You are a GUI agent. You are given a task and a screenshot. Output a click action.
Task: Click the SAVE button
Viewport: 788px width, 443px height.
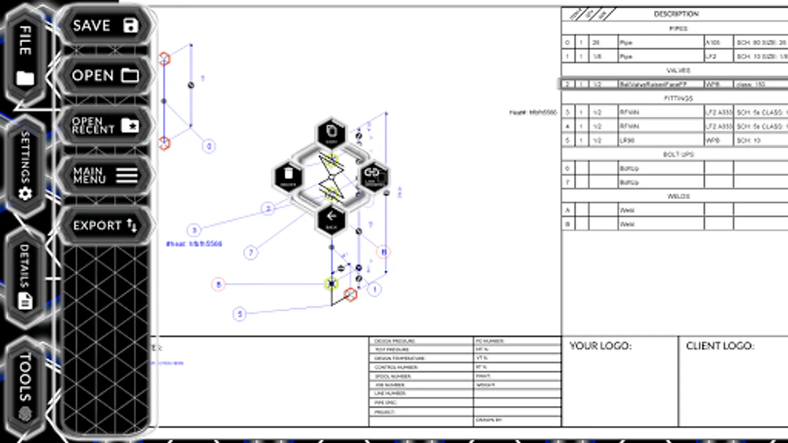tap(104, 26)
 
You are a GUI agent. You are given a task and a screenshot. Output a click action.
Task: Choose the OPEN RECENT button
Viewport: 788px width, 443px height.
tap(104, 126)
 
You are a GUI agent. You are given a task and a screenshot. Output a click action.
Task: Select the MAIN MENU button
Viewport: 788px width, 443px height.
tap(104, 175)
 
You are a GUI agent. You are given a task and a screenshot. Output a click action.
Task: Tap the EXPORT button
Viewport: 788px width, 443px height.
tap(104, 225)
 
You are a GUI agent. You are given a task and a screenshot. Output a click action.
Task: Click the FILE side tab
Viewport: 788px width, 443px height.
tap(25, 54)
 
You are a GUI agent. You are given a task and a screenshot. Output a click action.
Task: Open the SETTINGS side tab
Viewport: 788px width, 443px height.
tap(25, 165)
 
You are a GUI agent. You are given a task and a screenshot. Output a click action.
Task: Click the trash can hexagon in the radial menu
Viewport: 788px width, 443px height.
tap(289, 176)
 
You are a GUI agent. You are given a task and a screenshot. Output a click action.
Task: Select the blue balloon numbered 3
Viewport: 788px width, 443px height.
tap(194, 230)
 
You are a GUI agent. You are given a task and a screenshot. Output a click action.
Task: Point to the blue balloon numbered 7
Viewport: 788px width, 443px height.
tap(251, 253)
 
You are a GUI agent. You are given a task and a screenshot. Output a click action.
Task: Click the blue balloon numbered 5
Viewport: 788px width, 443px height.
tap(239, 314)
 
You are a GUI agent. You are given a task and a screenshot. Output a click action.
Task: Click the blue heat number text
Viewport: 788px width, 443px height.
tap(194, 244)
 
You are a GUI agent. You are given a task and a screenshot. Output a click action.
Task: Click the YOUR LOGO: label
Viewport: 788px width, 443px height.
tap(600, 346)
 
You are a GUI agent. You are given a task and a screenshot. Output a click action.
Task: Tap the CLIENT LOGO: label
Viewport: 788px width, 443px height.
tap(720, 346)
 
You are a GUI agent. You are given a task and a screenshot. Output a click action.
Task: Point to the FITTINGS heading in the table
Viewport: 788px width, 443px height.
tap(678, 98)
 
